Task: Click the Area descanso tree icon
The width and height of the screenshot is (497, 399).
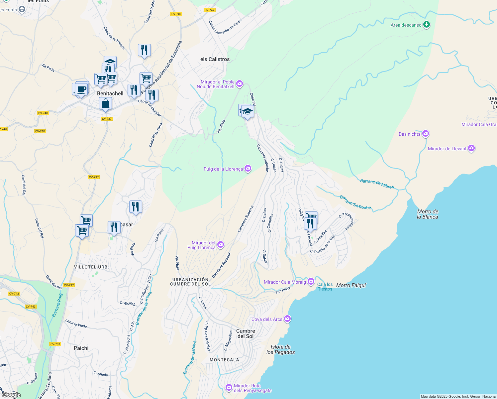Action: (x=427, y=25)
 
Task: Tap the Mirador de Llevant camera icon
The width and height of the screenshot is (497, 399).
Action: (x=471, y=148)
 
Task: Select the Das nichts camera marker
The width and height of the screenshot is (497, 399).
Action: (x=426, y=134)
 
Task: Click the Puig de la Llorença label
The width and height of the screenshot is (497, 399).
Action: (x=223, y=169)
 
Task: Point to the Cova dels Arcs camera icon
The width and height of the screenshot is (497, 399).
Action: (x=287, y=319)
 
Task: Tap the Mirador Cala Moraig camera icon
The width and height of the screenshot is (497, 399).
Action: (x=311, y=282)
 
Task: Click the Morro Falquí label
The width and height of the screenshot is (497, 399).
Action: (x=351, y=285)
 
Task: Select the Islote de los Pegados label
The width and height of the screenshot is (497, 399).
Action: (x=280, y=349)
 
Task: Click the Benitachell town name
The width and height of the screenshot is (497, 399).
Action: (x=110, y=93)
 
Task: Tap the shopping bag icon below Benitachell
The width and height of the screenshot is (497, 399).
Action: (x=105, y=103)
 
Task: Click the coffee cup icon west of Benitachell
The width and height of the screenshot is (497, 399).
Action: (x=81, y=89)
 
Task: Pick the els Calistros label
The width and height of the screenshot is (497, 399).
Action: (x=215, y=59)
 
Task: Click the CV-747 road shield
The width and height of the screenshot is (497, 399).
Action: (x=209, y=10)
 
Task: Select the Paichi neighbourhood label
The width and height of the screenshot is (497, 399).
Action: (x=81, y=348)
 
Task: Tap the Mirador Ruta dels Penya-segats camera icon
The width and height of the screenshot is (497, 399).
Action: (x=229, y=387)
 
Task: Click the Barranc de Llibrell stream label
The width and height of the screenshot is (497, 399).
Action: (x=377, y=184)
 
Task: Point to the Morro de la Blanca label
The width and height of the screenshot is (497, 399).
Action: (x=428, y=214)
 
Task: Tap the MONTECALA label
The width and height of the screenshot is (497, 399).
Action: (x=224, y=360)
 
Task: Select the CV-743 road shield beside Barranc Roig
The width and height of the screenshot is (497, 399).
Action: (x=31, y=307)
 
